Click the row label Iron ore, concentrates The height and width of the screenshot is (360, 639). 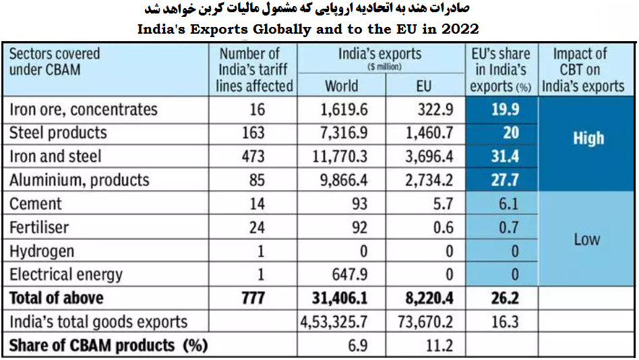click(83, 110)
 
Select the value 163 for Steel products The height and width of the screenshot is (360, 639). click(252, 133)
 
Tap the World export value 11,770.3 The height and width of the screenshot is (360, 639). click(341, 157)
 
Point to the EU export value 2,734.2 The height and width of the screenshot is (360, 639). click(429, 181)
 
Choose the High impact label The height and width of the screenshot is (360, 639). click(588, 139)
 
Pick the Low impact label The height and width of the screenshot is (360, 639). click(586, 239)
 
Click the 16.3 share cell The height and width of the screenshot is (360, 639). click(505, 322)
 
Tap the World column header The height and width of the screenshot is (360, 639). click(341, 86)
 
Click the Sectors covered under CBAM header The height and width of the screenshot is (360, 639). click(55, 61)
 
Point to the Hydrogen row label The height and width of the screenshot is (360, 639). click(41, 251)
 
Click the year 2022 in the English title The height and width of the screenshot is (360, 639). click(461, 30)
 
